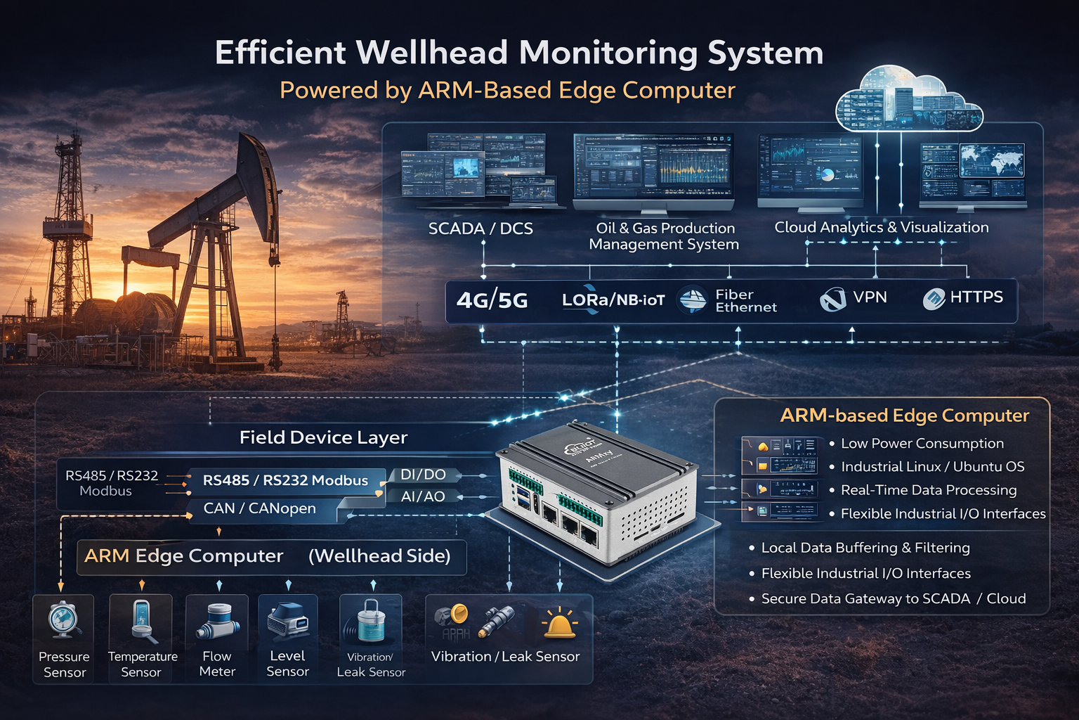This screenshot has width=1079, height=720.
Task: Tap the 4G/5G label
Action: tap(492, 301)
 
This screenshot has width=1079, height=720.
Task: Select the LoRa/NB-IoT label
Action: tap(613, 300)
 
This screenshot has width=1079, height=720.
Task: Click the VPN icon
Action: tap(833, 300)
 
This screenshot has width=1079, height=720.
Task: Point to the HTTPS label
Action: tap(976, 297)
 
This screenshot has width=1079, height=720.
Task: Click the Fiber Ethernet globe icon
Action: tap(693, 300)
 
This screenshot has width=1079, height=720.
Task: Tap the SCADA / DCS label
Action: tap(480, 229)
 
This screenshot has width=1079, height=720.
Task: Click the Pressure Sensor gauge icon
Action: tap(64, 620)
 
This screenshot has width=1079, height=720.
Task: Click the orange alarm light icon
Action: tap(559, 623)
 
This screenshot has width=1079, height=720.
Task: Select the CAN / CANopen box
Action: tap(260, 508)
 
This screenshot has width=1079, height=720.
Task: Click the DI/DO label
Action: tap(423, 475)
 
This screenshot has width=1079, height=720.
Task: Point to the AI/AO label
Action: tap(423, 496)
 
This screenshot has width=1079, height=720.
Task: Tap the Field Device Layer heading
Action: tap(323, 437)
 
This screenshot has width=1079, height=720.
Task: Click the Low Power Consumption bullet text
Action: tap(922, 444)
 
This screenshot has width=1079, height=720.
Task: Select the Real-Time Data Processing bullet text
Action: tap(928, 490)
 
